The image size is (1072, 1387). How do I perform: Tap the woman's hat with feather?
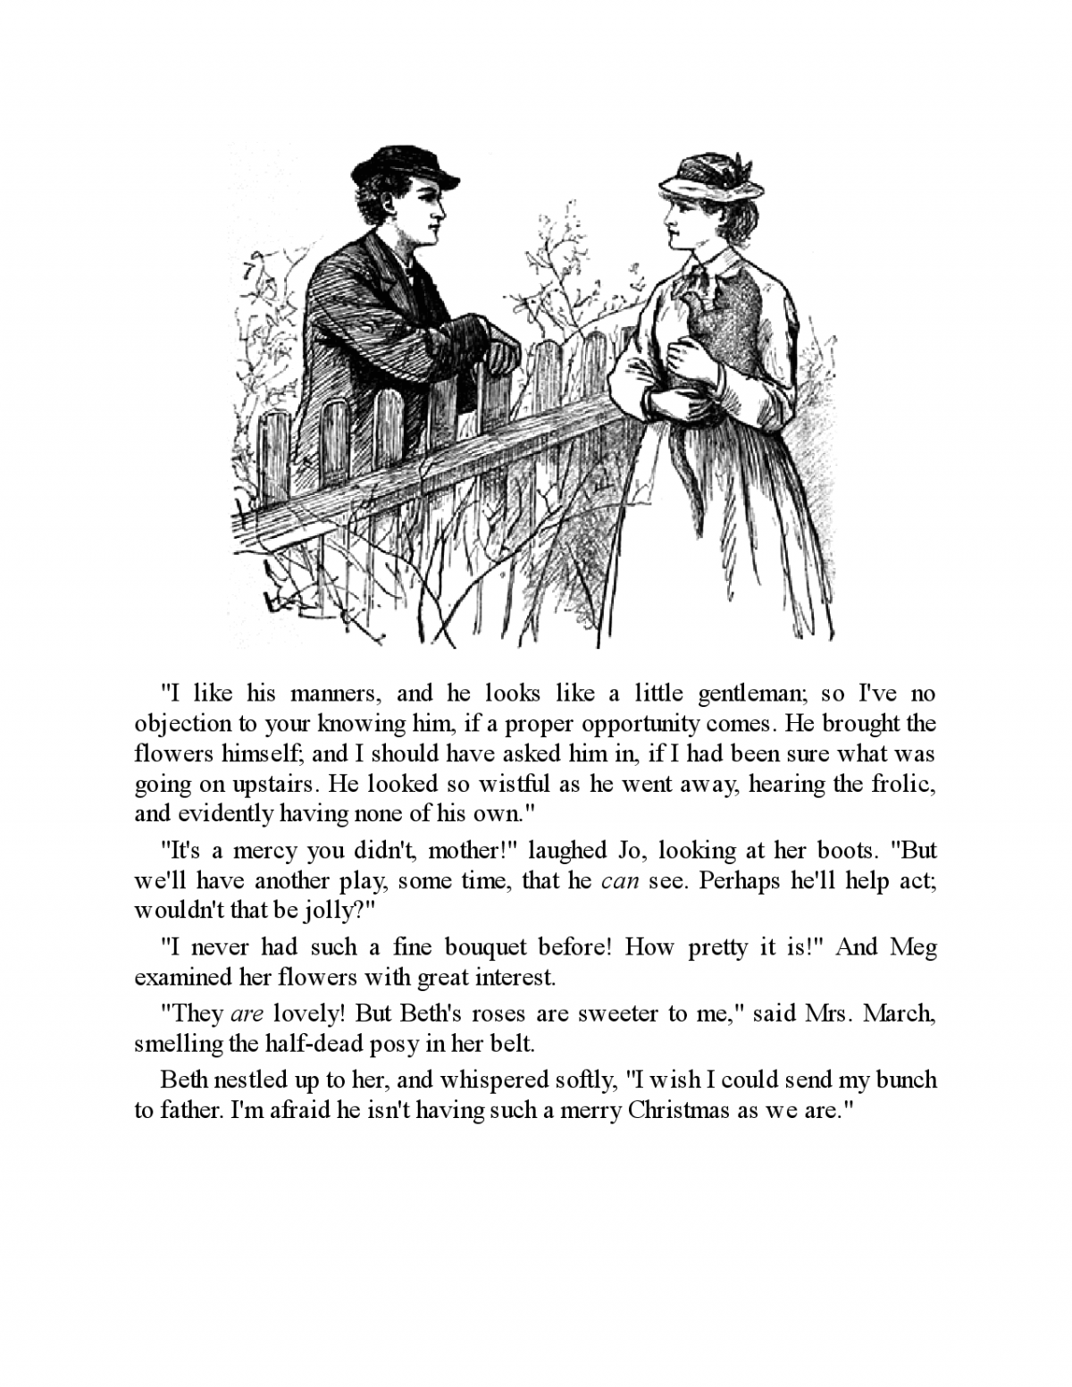coord(711,178)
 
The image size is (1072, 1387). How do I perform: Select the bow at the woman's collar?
coord(703,283)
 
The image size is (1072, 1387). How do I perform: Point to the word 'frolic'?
coord(902,784)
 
